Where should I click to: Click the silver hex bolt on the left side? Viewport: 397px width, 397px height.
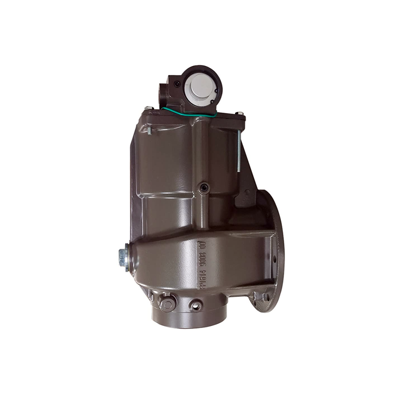pos(122,256)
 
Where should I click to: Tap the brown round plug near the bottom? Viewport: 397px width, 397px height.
pos(167,304)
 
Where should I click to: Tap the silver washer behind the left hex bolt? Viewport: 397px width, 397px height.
pos(128,257)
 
